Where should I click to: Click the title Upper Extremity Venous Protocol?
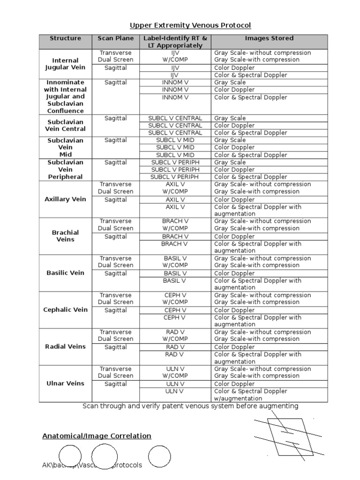[190, 25]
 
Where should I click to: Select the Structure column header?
[65, 38]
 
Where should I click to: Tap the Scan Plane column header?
[115, 38]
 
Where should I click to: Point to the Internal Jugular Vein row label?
[65, 64]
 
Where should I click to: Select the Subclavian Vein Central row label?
[65, 125]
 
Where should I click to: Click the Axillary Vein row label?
[65, 199]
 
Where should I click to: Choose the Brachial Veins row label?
[65, 236]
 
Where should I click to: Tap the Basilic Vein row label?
[65, 273]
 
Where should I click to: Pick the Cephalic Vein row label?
[65, 310]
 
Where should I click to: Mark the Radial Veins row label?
[65, 346]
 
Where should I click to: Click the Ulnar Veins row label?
[65, 383]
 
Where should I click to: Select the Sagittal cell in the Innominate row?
[115, 82]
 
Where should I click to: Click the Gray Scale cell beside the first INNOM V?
[230, 82]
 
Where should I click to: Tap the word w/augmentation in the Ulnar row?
[238, 398]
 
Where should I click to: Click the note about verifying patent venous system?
[190, 406]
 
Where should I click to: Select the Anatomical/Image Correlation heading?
[97, 436]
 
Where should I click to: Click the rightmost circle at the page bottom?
[159, 457]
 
